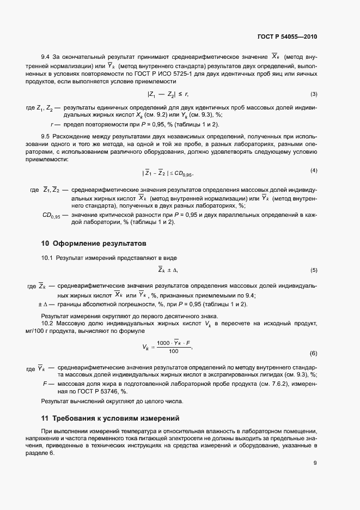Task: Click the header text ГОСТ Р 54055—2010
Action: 287,37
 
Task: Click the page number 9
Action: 315,463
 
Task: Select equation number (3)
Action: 314,94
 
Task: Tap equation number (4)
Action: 314,171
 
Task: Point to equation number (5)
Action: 314,270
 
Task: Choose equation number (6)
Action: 314,353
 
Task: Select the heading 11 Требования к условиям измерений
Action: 111,418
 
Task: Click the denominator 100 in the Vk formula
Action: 173,351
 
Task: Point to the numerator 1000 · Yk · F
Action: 173,343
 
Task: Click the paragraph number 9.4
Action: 46,57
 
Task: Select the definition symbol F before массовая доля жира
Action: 45,383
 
